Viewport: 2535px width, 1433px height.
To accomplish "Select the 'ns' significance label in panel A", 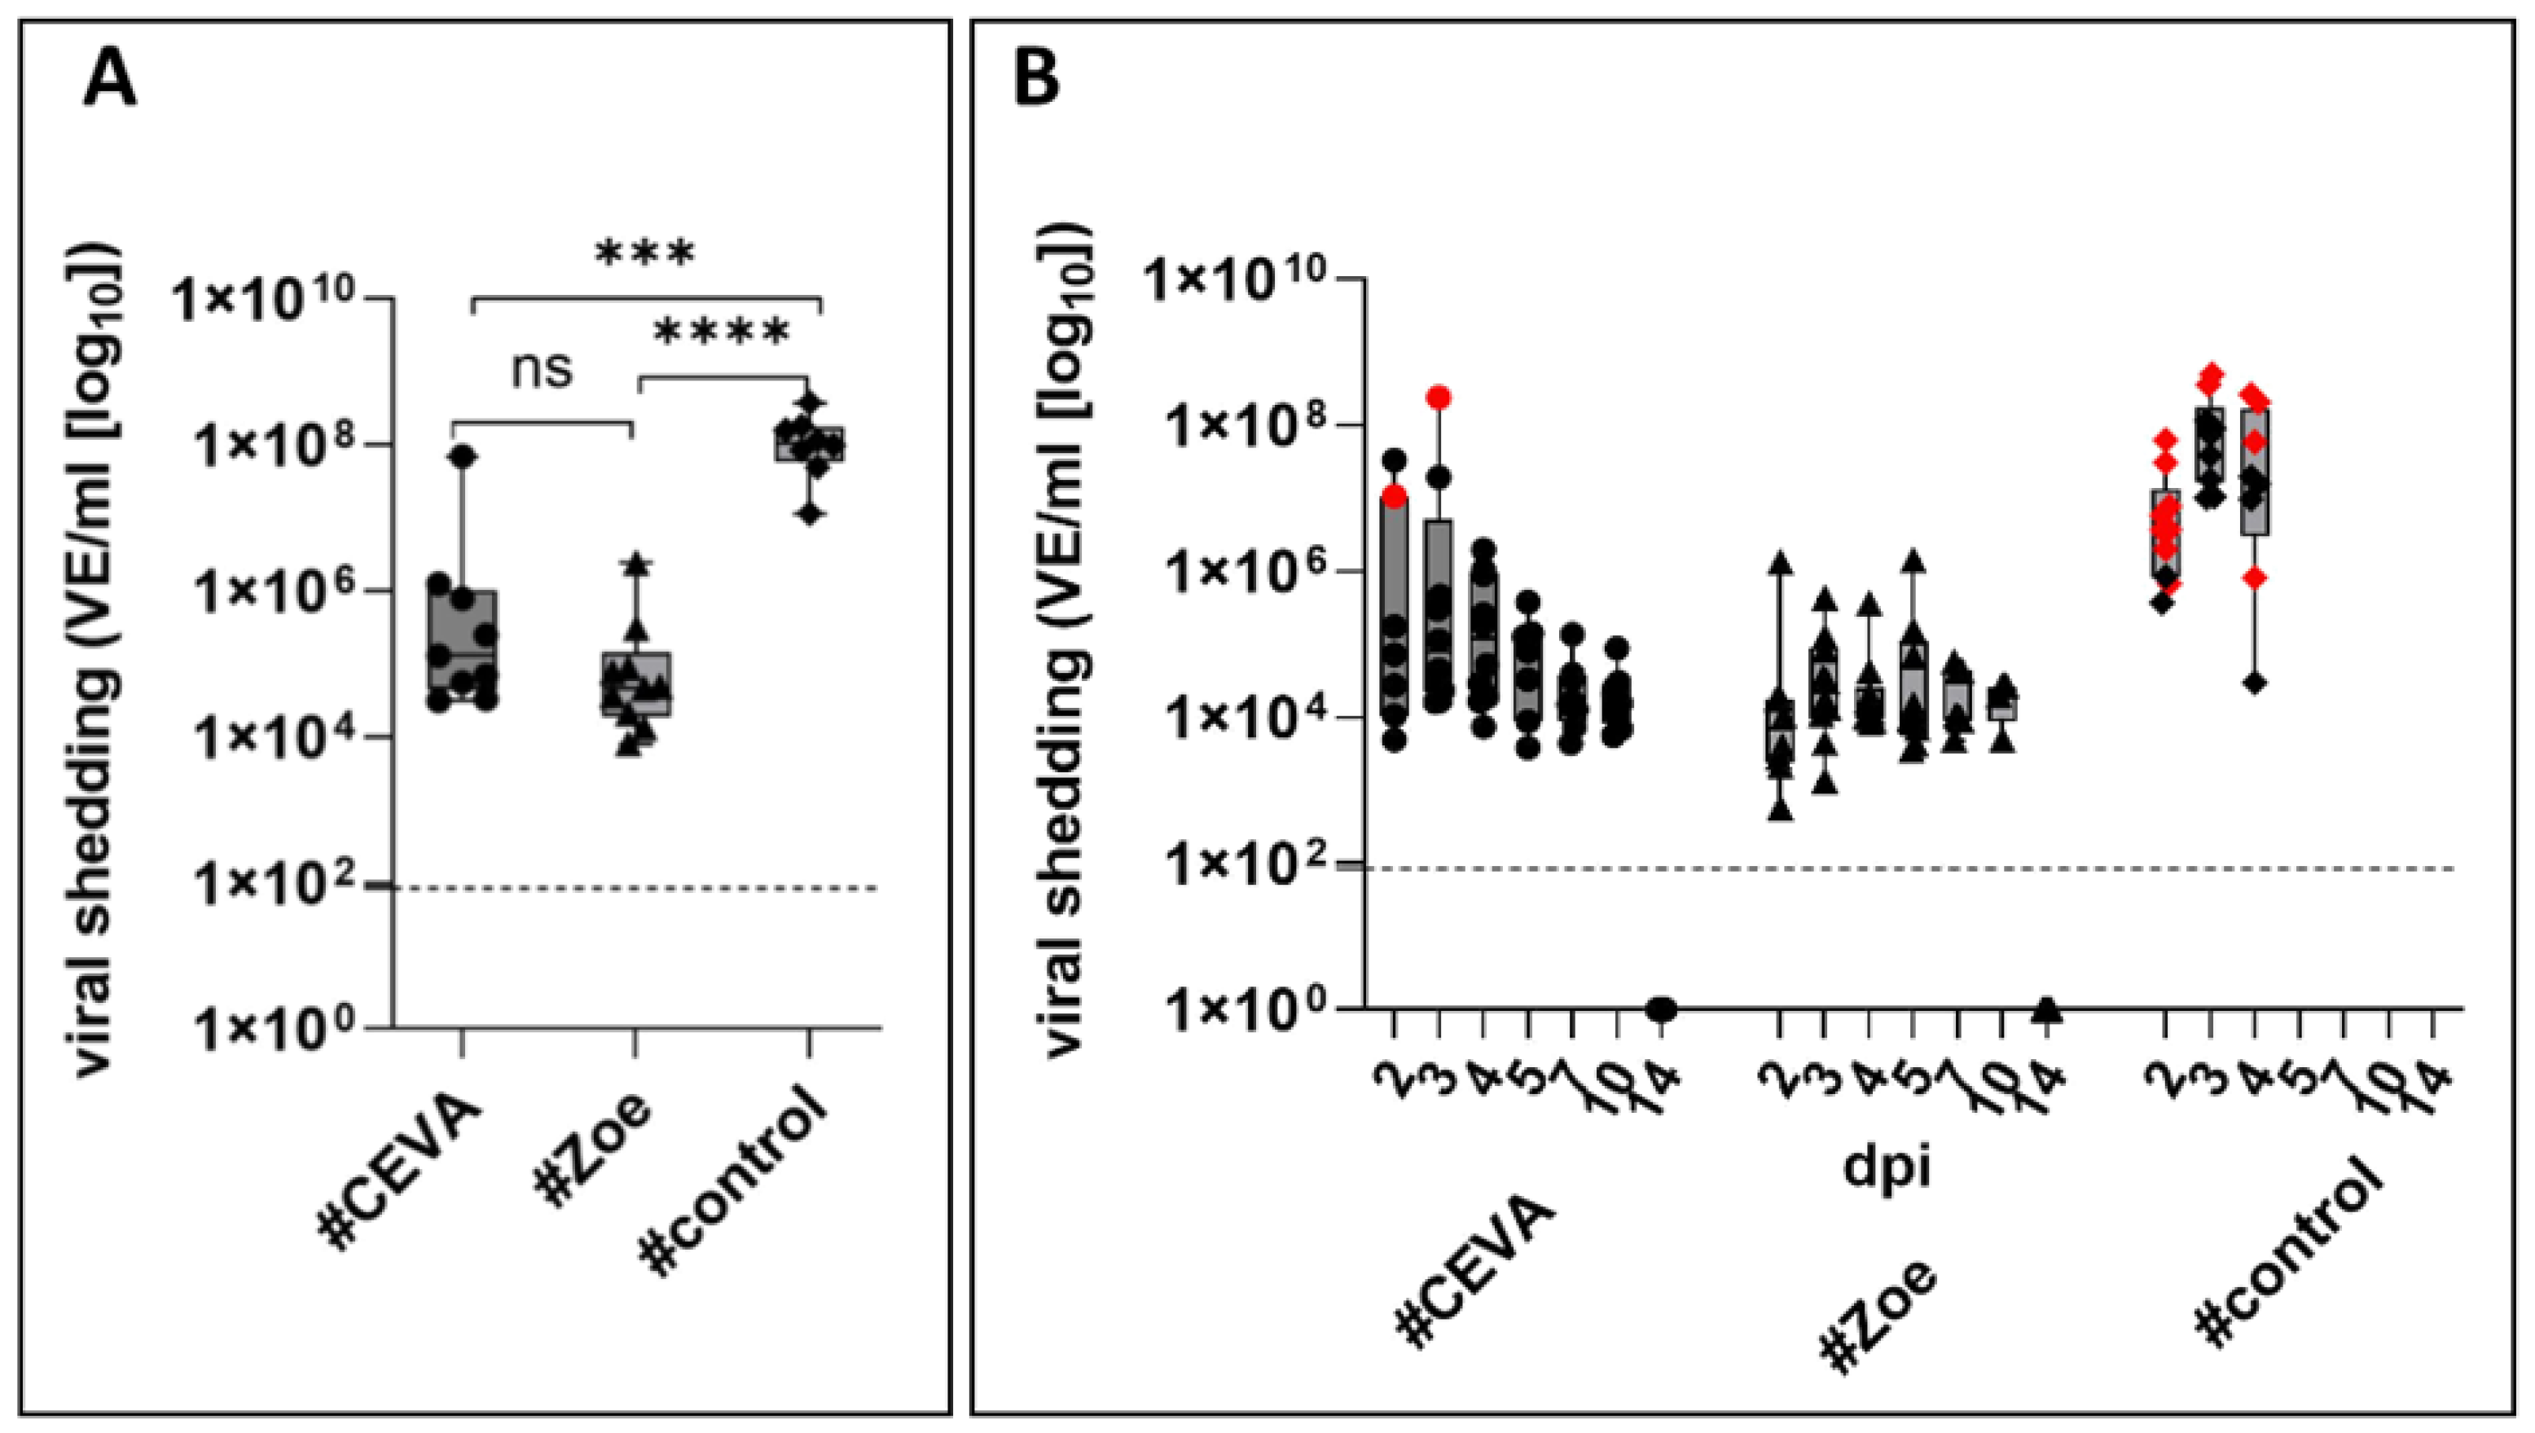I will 543,370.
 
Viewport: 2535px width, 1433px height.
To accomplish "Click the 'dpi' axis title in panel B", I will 1887,1167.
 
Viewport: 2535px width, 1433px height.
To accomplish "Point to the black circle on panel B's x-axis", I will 1662,1009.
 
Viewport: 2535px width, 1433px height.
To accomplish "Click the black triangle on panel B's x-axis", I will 2046,1009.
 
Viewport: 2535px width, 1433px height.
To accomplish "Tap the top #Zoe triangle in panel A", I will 637,564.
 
